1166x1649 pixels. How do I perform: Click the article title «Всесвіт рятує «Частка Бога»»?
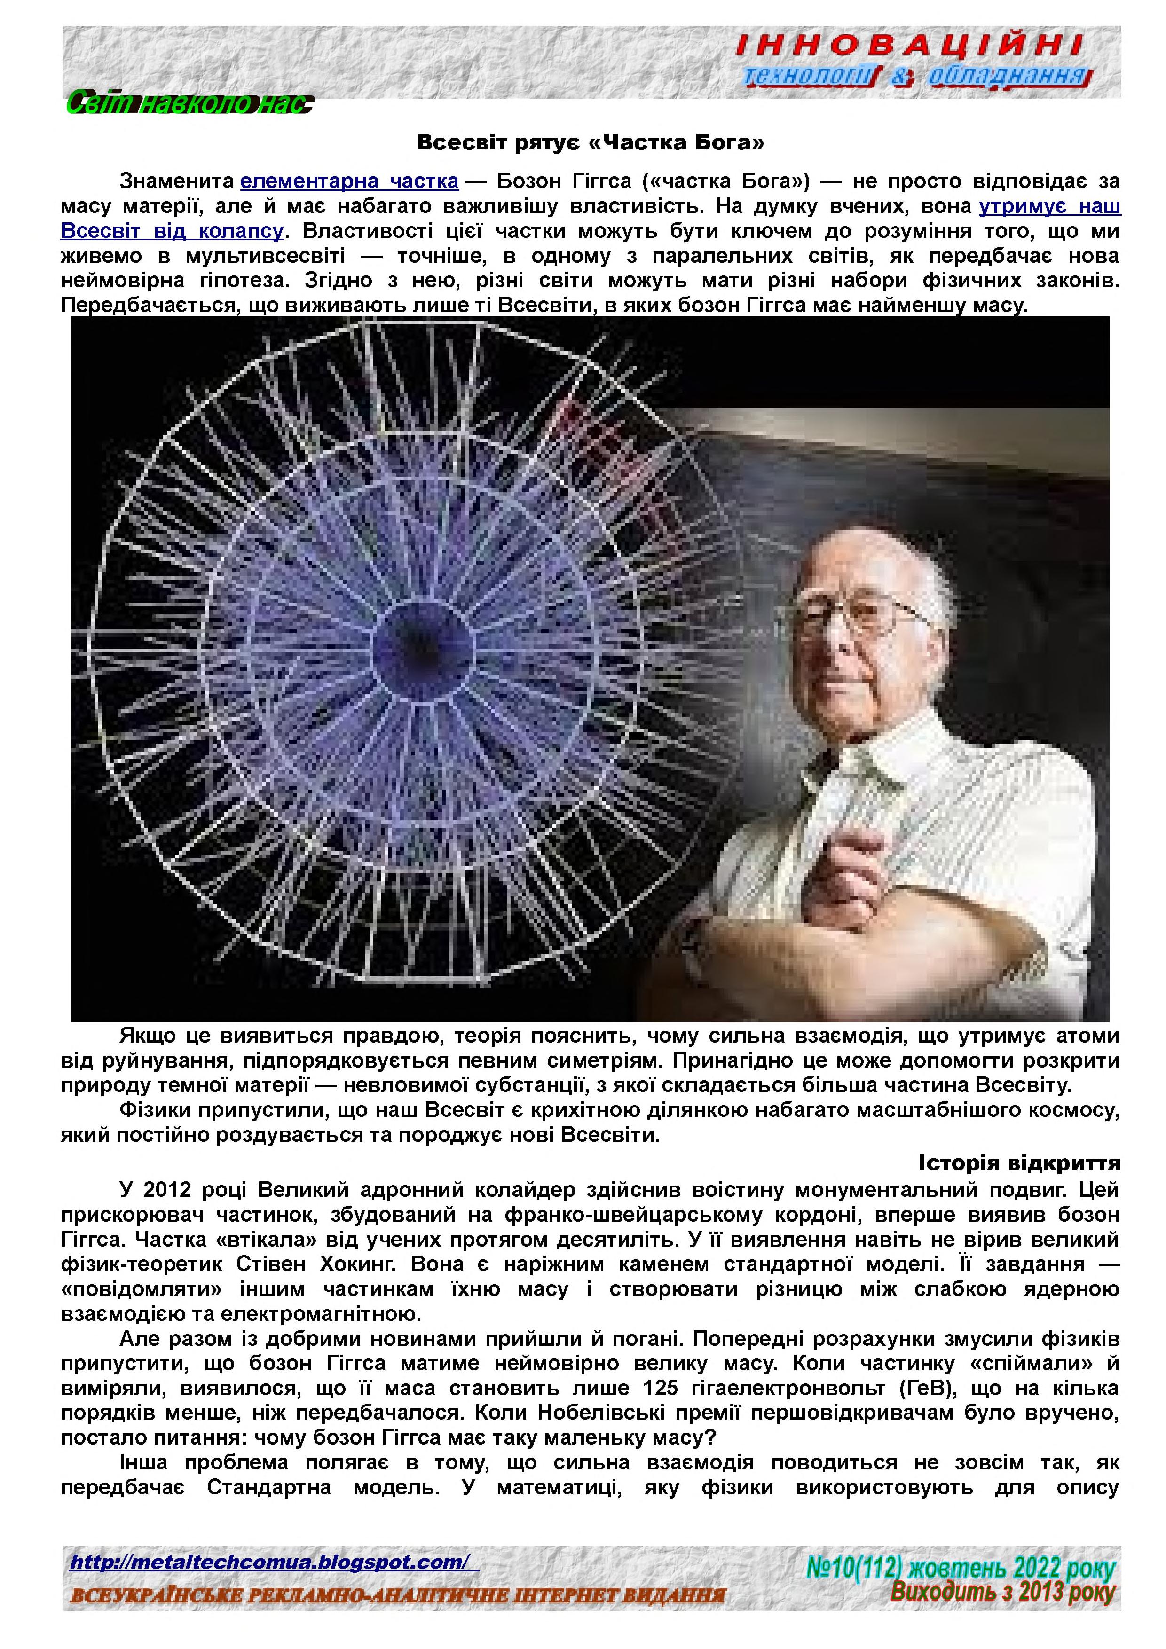pos(590,142)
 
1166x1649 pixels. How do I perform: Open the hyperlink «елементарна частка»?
pos(349,181)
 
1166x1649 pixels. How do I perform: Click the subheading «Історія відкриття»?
pos(1019,1162)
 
